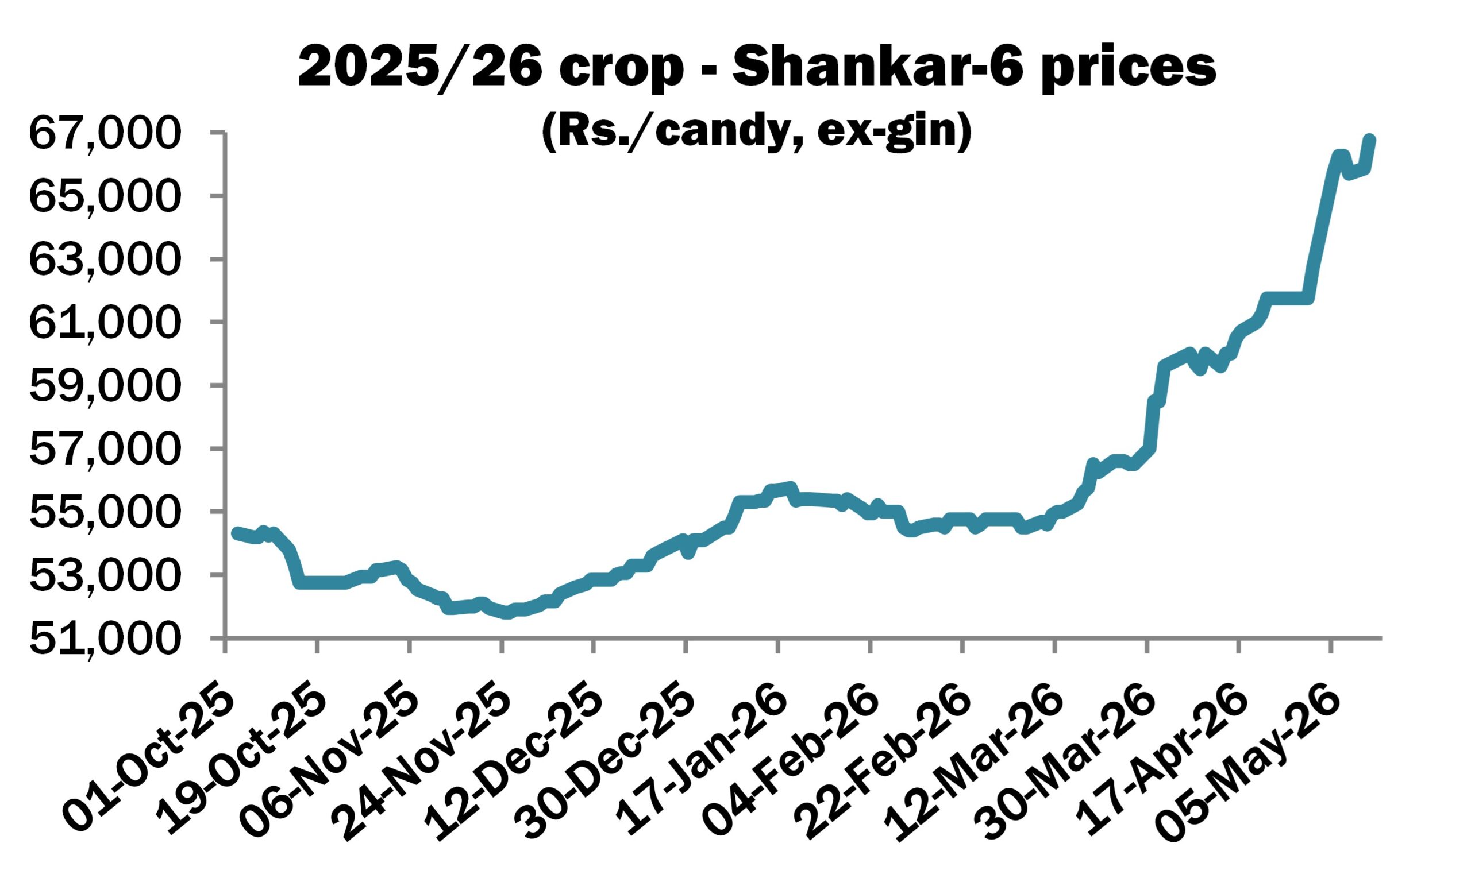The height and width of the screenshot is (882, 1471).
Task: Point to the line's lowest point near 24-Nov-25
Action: pyautogui.click(x=507, y=613)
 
